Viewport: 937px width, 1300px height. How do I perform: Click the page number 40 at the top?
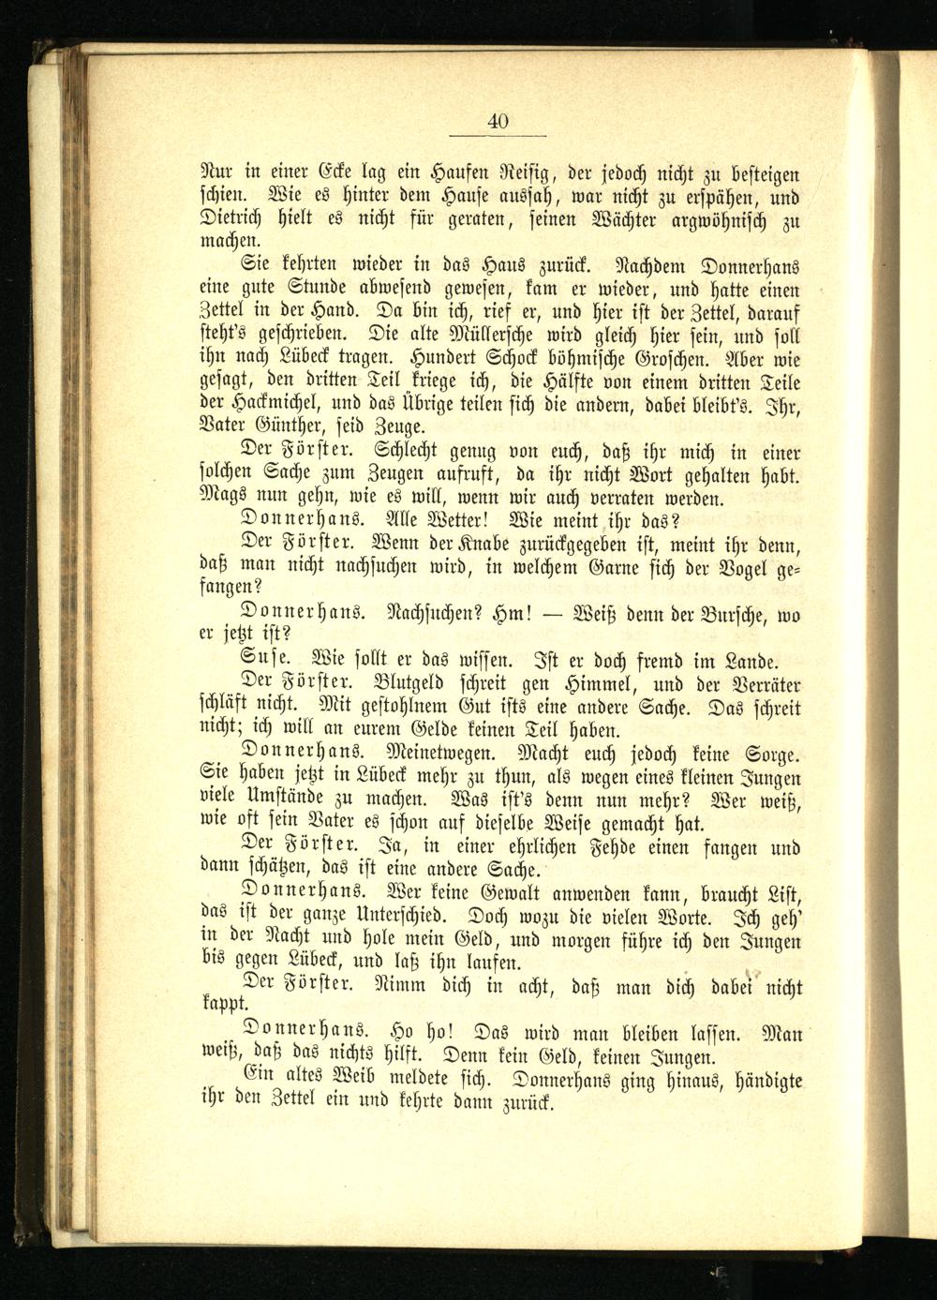pos(498,121)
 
